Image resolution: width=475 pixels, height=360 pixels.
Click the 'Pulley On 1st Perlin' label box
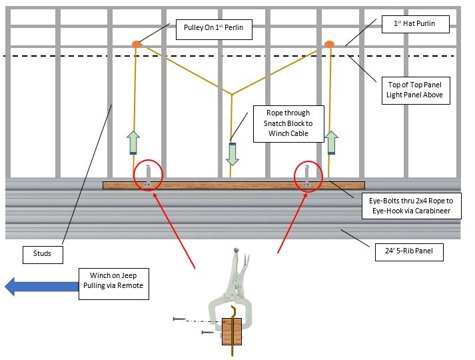pyautogui.click(x=213, y=29)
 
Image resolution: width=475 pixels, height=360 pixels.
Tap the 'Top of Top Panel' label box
pyautogui.click(x=414, y=90)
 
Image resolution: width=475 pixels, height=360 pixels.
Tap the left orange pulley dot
pyautogui.click(x=136, y=45)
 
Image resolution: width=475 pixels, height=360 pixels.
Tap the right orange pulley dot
pyautogui.click(x=329, y=45)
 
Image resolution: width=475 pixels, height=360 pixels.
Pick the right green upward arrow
pyautogui.click(x=331, y=143)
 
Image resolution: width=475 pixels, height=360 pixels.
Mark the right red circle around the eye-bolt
pyautogui.click(x=308, y=175)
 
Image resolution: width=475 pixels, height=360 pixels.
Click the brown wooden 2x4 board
pyautogui.click(x=233, y=185)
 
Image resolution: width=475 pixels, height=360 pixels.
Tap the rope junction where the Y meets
pyautogui.click(x=231, y=93)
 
